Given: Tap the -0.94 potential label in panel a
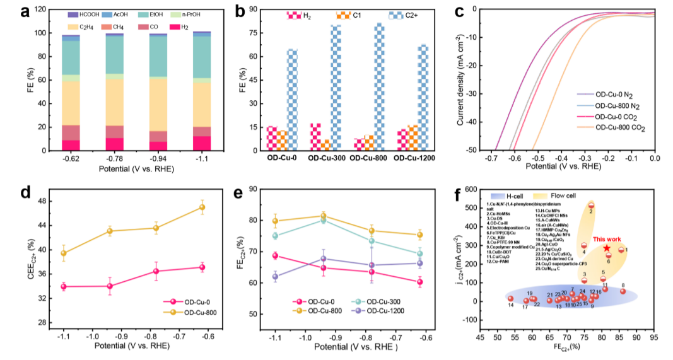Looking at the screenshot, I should [x=158, y=160].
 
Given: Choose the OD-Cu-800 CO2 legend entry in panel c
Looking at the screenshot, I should [x=621, y=127].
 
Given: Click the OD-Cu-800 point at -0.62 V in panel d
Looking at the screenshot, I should [x=202, y=207].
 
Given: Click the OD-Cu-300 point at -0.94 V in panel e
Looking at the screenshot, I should [x=323, y=221].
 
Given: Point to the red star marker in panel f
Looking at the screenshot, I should [x=607, y=248].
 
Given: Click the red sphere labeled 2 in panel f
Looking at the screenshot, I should [x=592, y=206].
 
